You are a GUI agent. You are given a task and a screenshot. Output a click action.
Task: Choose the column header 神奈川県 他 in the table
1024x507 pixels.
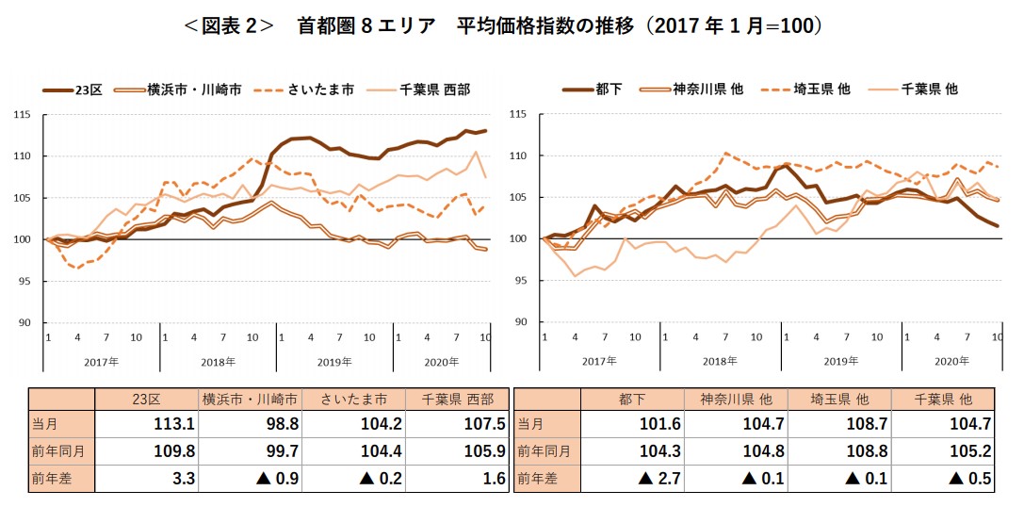pos(734,398)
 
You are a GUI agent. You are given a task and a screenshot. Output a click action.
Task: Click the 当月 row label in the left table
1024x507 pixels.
pos(60,424)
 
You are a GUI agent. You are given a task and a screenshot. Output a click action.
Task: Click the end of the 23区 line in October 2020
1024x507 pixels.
pos(485,130)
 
